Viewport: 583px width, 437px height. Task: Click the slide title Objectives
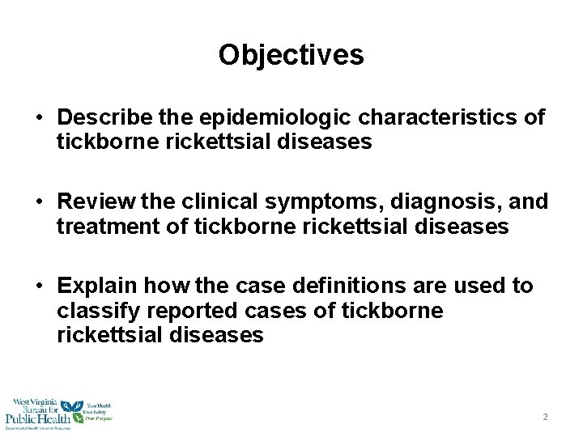click(x=291, y=55)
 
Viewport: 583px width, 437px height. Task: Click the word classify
click(x=93, y=311)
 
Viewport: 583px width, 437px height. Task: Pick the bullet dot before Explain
click(x=39, y=286)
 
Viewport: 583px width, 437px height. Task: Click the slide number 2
click(x=545, y=417)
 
